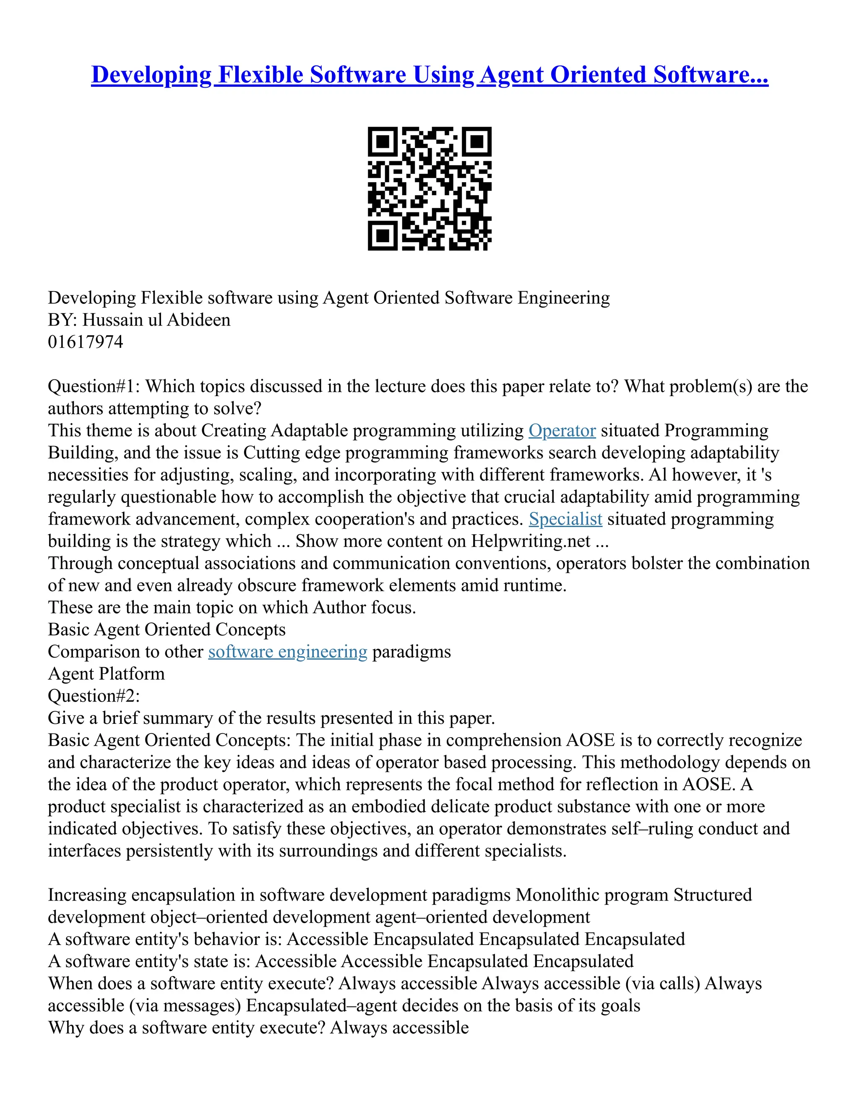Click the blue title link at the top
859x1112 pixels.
point(429,75)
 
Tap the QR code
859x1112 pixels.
point(429,188)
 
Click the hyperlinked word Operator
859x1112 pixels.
point(562,431)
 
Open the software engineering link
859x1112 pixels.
point(287,652)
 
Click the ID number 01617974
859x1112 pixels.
point(86,342)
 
